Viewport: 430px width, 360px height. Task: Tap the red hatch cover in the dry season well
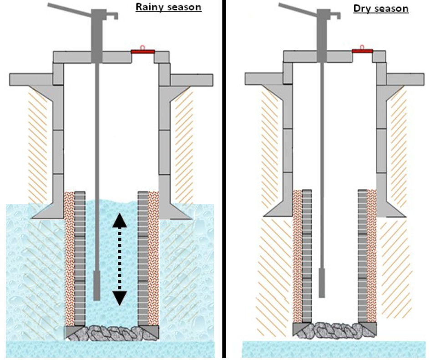[x=362, y=51]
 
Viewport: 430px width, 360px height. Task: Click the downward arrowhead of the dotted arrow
[x=120, y=298]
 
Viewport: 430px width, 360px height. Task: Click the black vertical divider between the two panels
[x=223, y=182]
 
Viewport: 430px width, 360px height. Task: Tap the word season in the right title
[x=391, y=8]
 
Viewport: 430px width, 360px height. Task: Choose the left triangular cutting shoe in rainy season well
[x=73, y=332]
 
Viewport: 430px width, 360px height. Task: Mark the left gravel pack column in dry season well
[x=298, y=255]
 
